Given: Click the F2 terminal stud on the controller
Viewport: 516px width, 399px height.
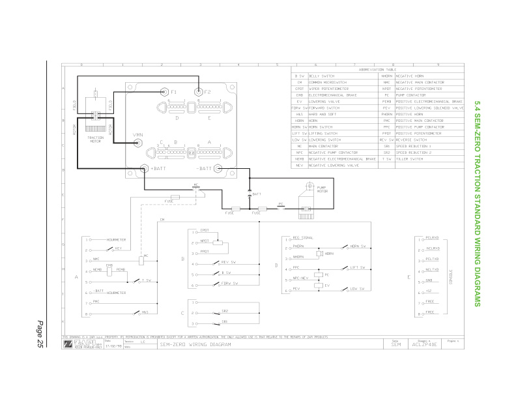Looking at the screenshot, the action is click(x=199, y=93).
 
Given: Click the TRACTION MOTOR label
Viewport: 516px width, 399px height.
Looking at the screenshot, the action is click(x=95, y=140).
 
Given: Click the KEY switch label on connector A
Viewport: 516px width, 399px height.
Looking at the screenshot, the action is click(x=118, y=248).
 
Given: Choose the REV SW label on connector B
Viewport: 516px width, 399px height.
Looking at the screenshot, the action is click(x=227, y=262).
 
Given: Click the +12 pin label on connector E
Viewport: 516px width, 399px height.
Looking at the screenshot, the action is click(x=429, y=291).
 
